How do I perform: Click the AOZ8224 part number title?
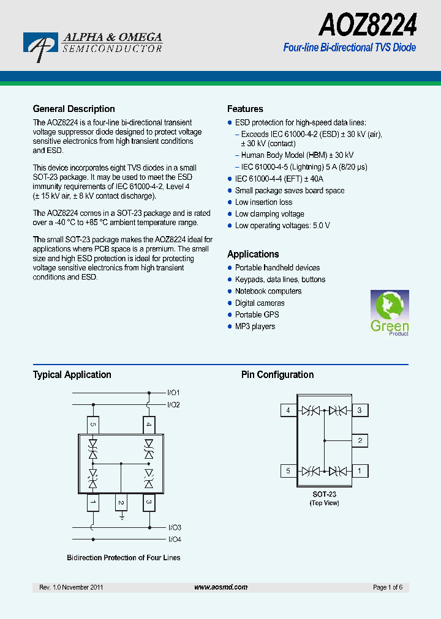click(x=367, y=26)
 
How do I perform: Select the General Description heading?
click(x=73, y=109)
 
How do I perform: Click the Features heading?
click(x=245, y=109)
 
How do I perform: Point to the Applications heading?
click(x=253, y=254)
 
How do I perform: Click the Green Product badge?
click(x=390, y=313)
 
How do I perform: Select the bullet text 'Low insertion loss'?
click(x=263, y=202)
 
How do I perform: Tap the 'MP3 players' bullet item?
click(x=255, y=327)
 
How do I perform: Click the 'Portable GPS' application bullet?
click(x=257, y=315)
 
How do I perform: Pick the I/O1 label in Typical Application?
click(x=173, y=393)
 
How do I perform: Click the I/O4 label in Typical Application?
click(x=175, y=539)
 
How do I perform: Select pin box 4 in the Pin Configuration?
click(x=288, y=410)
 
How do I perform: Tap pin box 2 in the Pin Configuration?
click(x=360, y=440)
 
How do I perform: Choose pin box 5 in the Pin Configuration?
click(x=288, y=471)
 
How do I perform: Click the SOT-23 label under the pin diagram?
click(x=324, y=494)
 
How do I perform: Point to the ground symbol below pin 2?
click(x=121, y=517)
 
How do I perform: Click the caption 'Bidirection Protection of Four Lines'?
click(x=123, y=558)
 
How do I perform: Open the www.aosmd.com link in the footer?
click(x=221, y=587)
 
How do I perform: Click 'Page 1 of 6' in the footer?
click(x=387, y=587)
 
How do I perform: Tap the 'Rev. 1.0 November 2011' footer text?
click(x=71, y=587)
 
